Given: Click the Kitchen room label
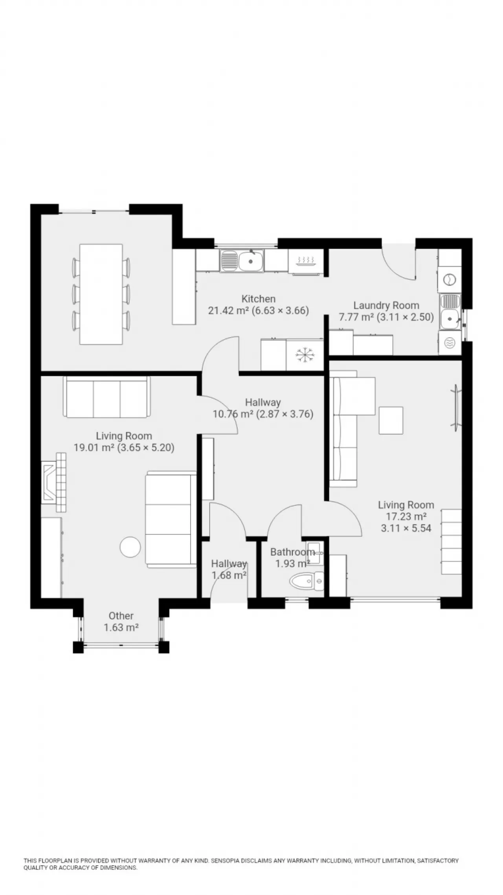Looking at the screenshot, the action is [258, 299].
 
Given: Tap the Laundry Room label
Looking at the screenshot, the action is [386, 305].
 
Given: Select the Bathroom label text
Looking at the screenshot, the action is [292, 552].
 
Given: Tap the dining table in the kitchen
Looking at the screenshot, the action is [101, 294].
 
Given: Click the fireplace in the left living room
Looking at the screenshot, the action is [54, 482].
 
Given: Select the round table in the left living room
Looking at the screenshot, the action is [130, 547].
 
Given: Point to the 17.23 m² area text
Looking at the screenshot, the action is [406, 516].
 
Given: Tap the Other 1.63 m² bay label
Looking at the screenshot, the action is [121, 622].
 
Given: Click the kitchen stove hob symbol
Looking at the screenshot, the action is [306, 261].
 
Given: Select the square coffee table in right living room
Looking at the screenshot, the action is [391, 420].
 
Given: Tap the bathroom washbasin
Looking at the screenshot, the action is [315, 552].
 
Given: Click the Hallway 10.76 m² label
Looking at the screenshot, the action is [263, 408].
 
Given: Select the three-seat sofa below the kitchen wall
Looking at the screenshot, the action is [107, 397].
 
